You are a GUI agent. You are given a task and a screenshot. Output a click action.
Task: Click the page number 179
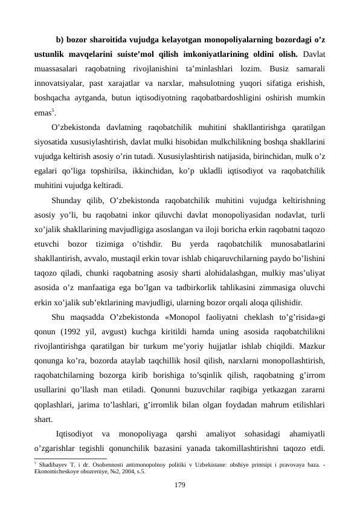click(179, 485)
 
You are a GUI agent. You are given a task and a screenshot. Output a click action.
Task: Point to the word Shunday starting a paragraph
click(68, 200)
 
